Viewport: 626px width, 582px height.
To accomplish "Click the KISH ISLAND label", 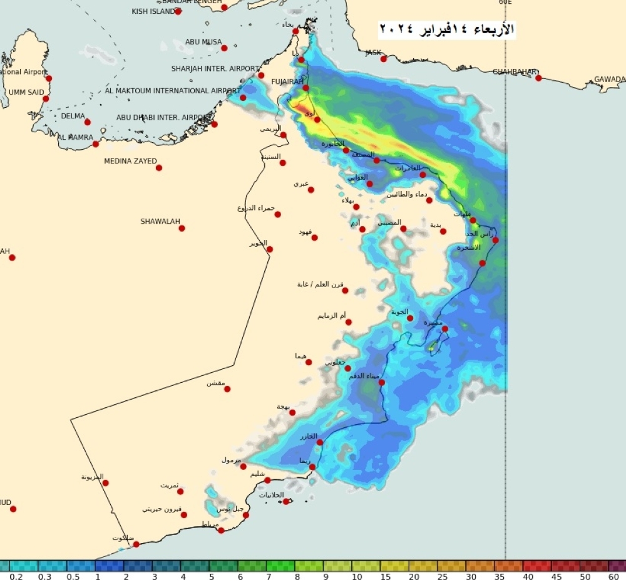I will (x=153, y=11).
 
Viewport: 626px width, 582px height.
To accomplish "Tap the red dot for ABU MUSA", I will (x=224, y=48).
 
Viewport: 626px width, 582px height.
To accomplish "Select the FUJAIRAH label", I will (x=287, y=82).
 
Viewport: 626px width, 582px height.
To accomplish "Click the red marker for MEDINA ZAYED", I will (x=159, y=167).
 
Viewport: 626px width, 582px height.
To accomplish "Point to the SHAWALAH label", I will (x=160, y=221).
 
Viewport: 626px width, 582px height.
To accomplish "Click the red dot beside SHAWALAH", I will (x=182, y=229).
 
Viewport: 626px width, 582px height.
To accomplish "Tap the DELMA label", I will (x=73, y=116).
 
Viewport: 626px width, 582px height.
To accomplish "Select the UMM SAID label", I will (x=26, y=92).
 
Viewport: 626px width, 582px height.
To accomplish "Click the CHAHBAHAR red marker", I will (x=538, y=78).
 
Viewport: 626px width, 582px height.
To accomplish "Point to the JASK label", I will (x=373, y=53).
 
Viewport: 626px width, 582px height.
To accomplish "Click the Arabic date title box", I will (x=447, y=29).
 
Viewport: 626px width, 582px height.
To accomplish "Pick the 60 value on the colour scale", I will (x=613, y=576).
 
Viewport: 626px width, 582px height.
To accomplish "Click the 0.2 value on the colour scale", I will (x=17, y=576).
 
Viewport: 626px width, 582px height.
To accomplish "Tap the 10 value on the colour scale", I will (x=357, y=576).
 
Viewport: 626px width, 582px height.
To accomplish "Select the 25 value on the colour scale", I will (x=442, y=576).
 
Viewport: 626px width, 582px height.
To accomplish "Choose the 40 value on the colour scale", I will (x=528, y=576).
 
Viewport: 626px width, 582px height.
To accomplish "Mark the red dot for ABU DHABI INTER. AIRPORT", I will (x=214, y=124).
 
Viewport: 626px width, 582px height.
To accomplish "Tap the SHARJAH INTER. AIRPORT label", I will (x=215, y=68).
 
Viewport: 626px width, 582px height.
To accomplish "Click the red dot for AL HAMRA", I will (x=96, y=144).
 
